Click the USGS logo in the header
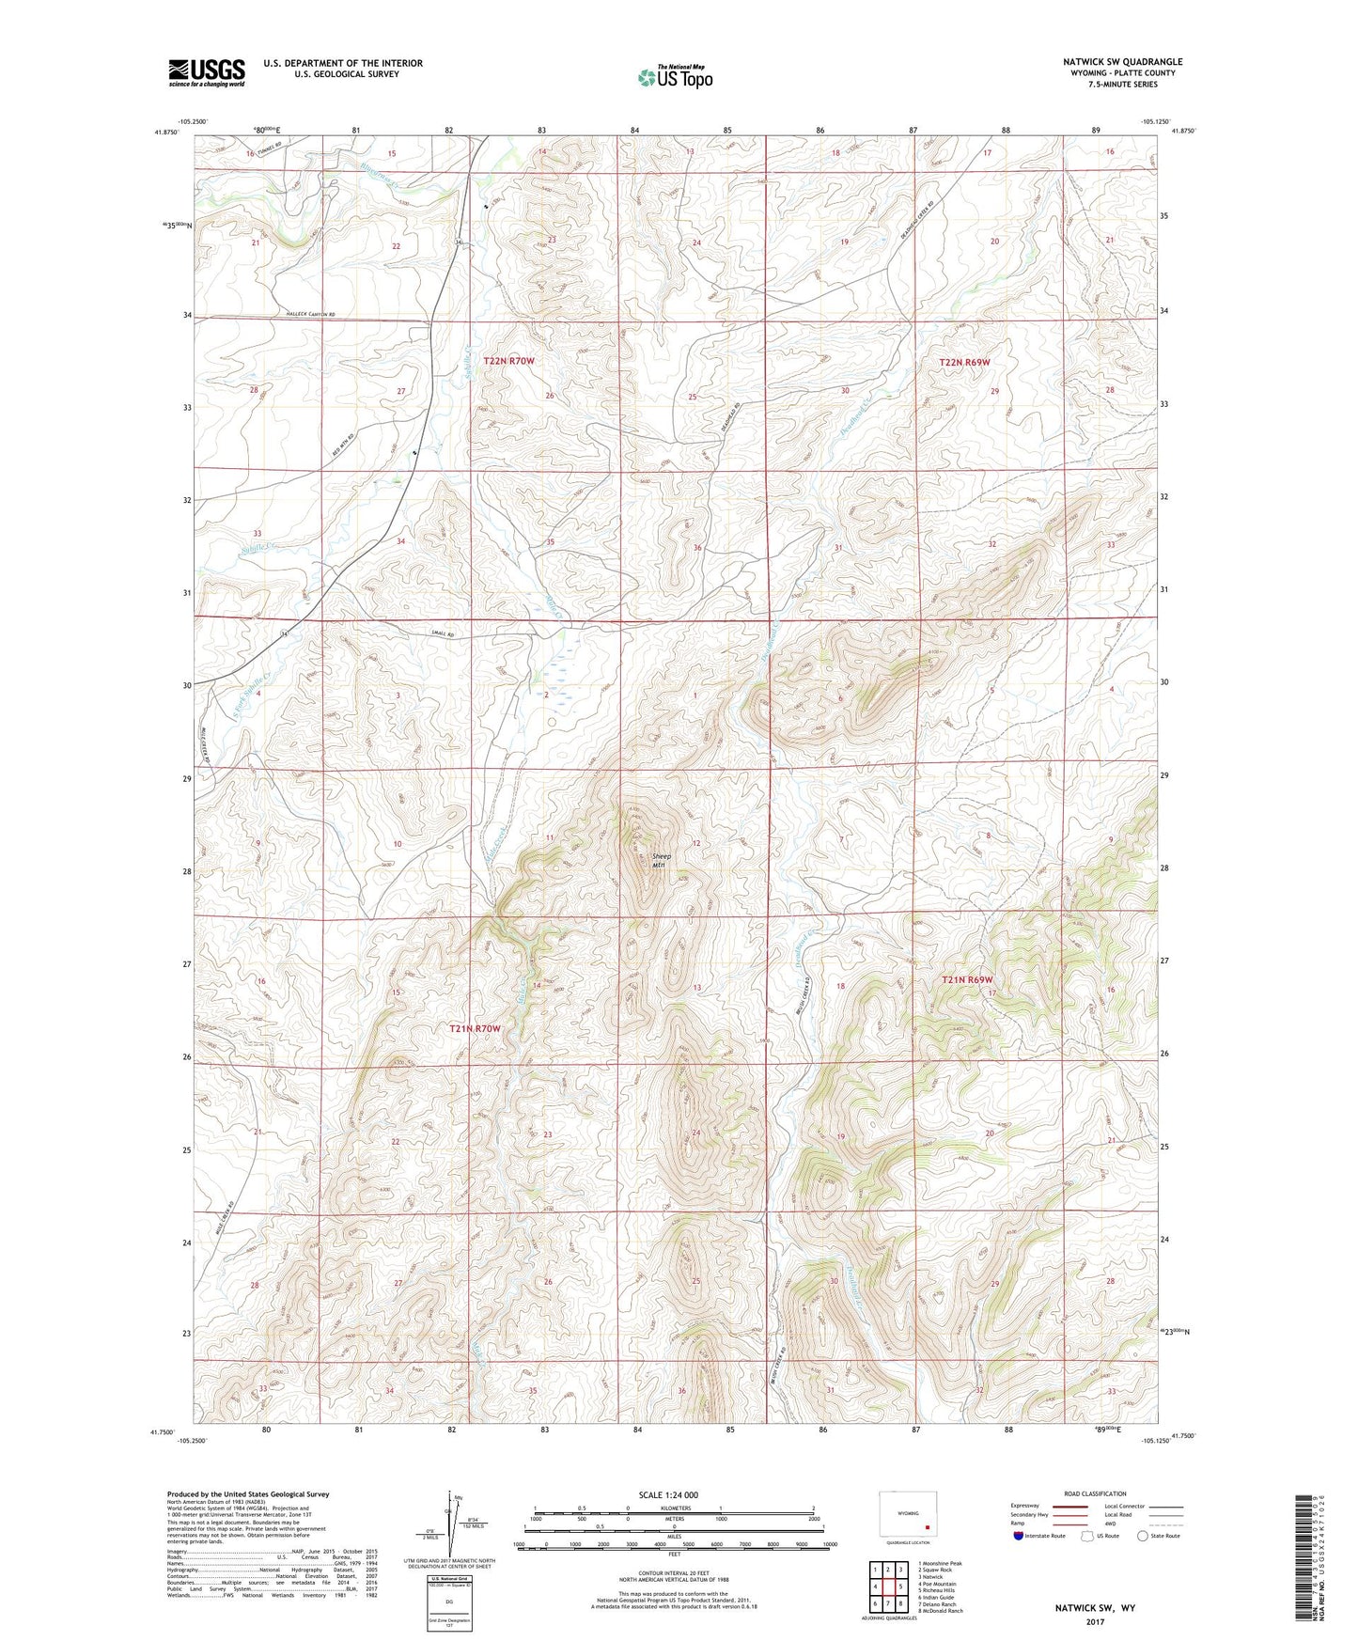[x=206, y=72]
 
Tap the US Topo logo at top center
[x=675, y=77]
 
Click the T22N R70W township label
[x=508, y=361]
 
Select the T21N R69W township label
[x=967, y=979]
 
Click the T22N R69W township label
[x=964, y=362]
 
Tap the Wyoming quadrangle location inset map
[x=907, y=1517]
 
